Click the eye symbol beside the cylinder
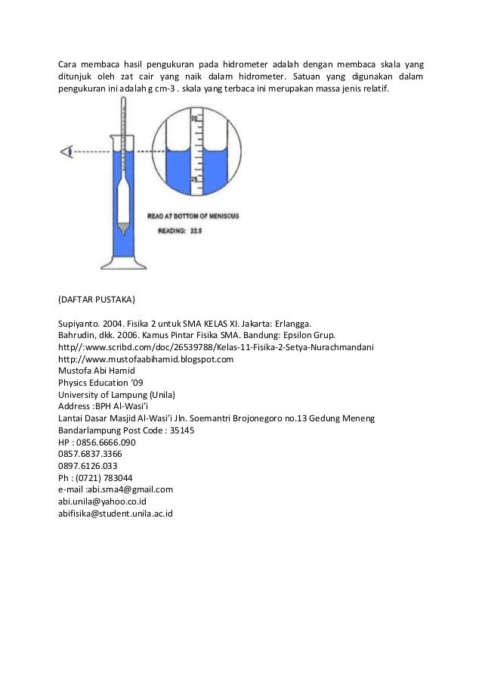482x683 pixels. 67,151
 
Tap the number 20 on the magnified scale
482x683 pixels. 194,120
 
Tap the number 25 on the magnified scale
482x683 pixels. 194,179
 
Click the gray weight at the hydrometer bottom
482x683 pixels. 122,227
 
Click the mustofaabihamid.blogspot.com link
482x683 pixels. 146,359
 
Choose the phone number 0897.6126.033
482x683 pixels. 88,466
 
